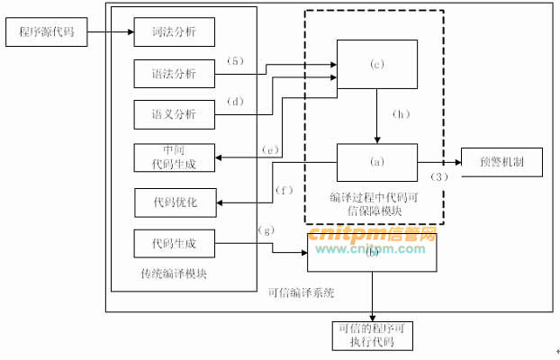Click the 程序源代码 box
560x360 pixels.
click(47, 35)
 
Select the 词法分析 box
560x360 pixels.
click(174, 33)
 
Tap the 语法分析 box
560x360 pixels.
click(174, 74)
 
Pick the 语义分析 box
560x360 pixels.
click(174, 114)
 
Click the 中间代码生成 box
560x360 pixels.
click(174, 157)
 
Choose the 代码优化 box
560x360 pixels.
click(174, 202)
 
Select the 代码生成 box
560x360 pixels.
click(174, 243)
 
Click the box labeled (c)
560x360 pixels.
click(376, 64)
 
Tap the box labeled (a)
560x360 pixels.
click(376, 163)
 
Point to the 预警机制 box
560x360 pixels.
click(501, 163)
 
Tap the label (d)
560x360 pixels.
click(236, 101)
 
